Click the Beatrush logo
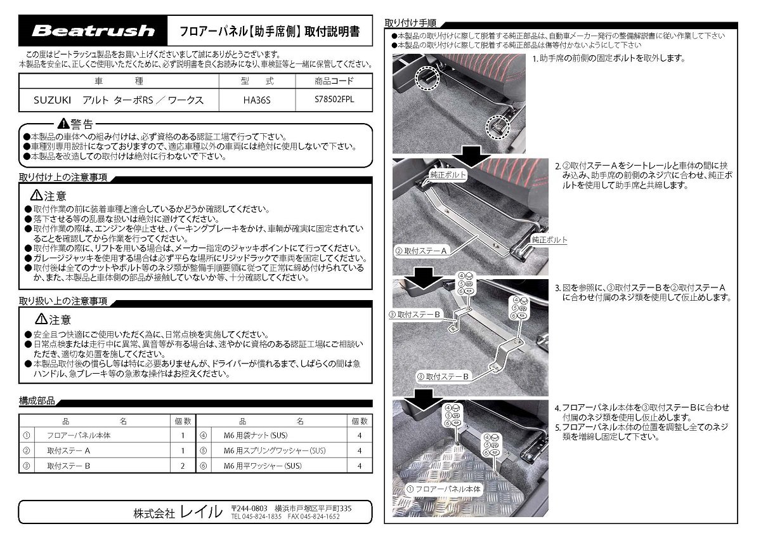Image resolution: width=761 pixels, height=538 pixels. (93, 30)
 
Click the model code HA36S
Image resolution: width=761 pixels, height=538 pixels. (257, 100)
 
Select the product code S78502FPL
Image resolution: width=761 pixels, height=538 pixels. (334, 100)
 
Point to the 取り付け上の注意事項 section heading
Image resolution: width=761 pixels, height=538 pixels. (63, 177)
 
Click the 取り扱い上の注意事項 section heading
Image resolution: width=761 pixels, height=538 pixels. (63, 301)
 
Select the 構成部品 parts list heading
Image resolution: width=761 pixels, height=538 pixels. (37, 402)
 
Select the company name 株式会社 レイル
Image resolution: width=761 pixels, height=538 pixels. (178, 512)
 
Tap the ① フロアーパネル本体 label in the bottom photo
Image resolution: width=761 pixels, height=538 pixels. (443, 489)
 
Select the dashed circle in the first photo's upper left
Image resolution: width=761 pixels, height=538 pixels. (427, 78)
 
